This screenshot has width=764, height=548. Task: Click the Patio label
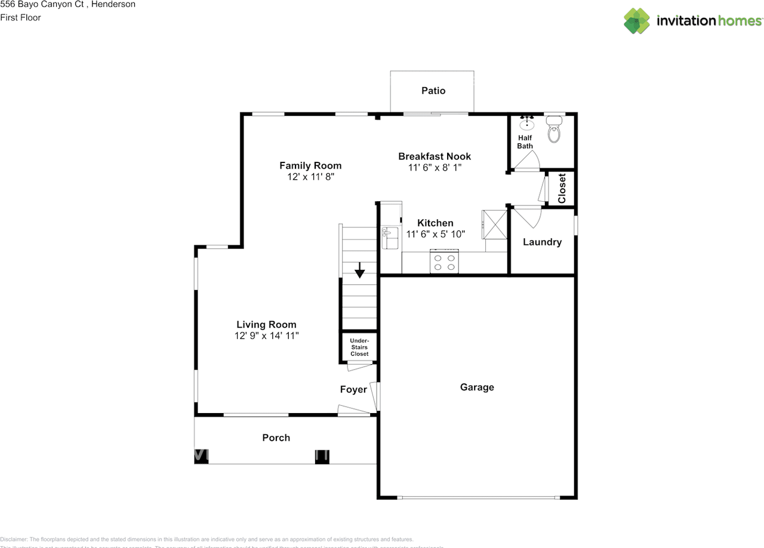click(433, 91)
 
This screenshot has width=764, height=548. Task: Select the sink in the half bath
click(526, 125)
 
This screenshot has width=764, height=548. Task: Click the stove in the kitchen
click(445, 263)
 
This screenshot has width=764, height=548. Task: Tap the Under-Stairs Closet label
click(359, 347)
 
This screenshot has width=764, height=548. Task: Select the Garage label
click(477, 387)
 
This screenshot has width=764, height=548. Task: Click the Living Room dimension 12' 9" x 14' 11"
click(266, 336)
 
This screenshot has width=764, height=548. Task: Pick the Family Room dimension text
click(310, 177)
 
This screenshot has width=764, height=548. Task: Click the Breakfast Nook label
click(435, 156)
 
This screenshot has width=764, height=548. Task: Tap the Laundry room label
click(542, 242)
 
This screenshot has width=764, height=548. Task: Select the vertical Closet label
click(562, 189)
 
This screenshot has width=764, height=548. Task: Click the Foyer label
click(353, 390)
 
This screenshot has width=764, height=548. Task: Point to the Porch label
click(276, 438)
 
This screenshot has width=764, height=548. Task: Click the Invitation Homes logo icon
click(637, 21)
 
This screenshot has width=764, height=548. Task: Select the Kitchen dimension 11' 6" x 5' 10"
click(435, 235)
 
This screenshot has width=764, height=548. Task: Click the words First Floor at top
click(20, 17)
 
